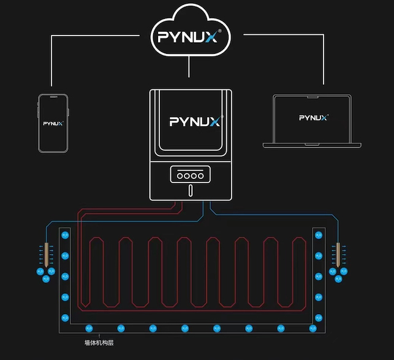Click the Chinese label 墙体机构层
[x=99, y=343]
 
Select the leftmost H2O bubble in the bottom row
[x=88, y=328]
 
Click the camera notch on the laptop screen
[x=313, y=96]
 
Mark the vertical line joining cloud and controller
[x=189, y=70]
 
